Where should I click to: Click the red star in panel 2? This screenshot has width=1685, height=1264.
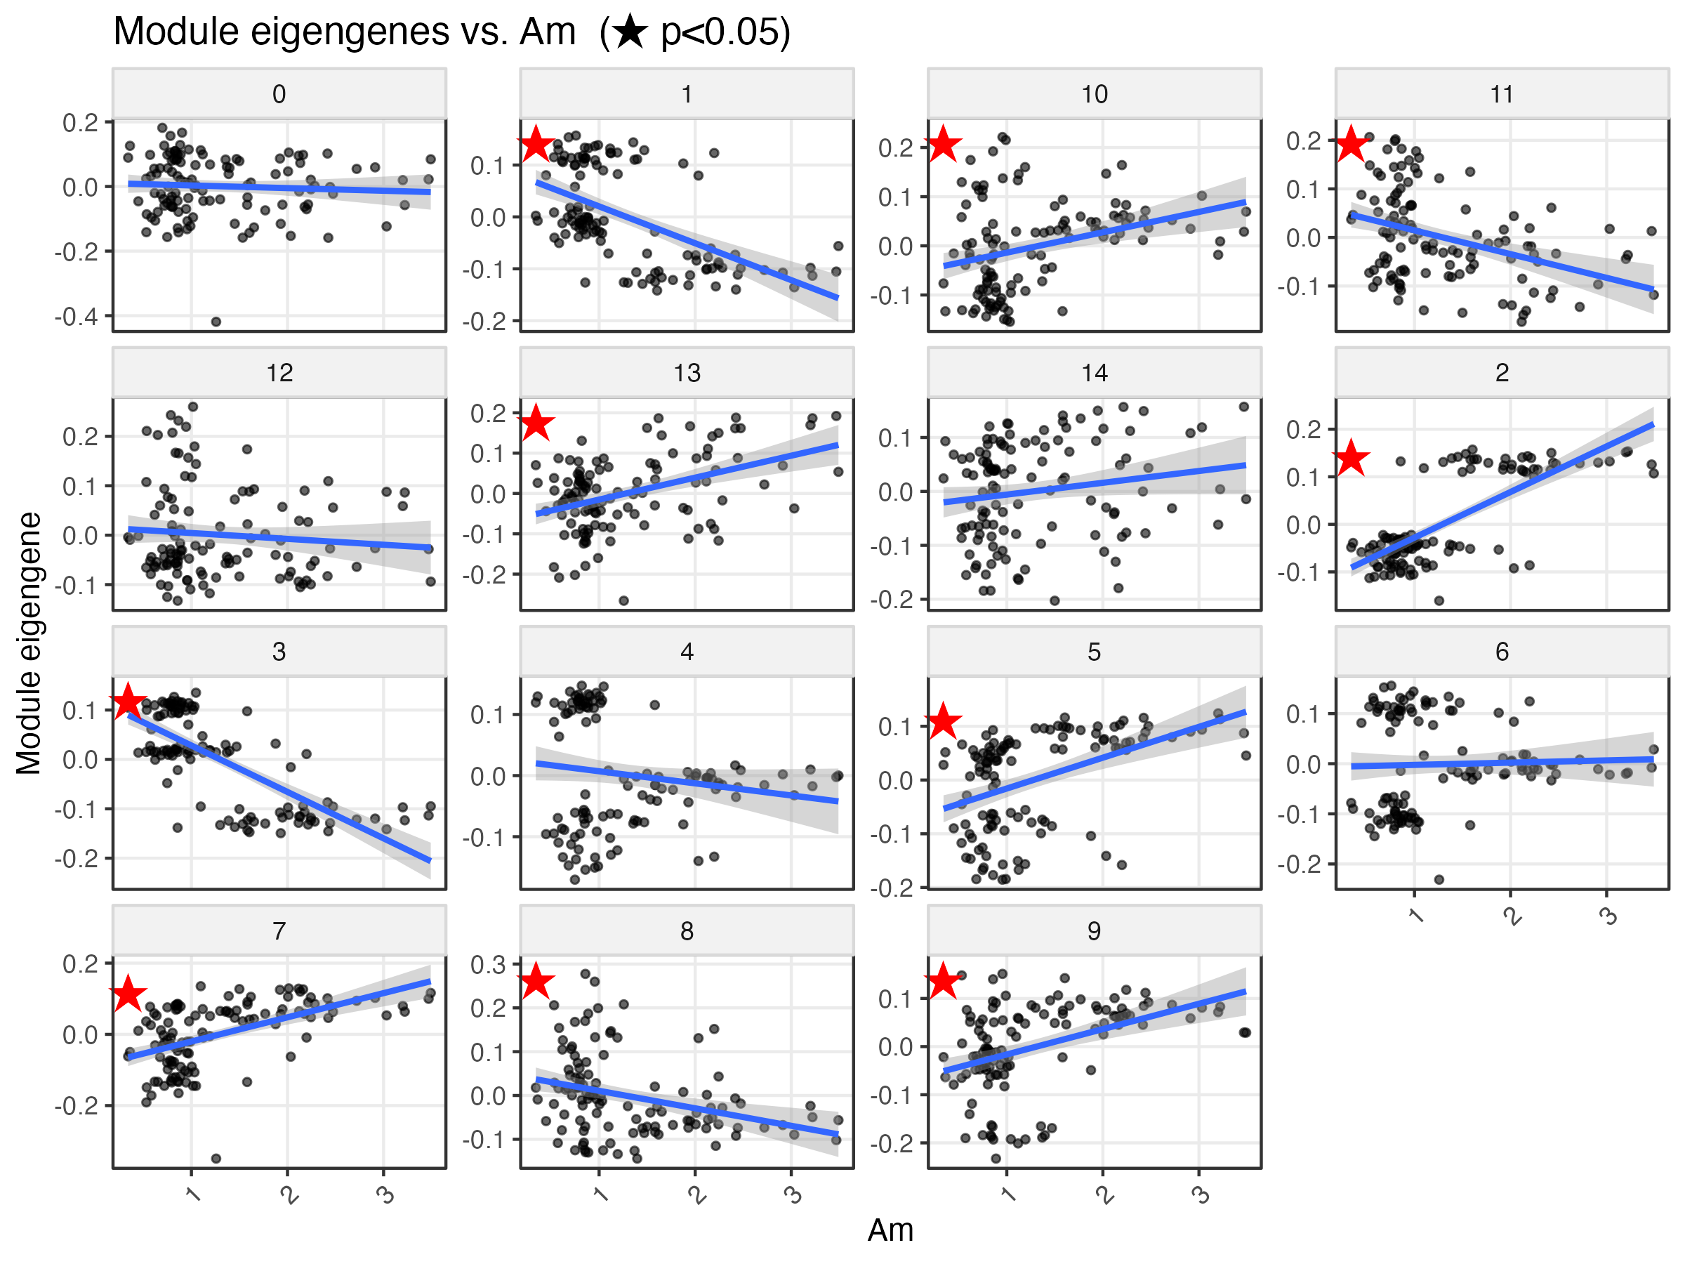click(1352, 457)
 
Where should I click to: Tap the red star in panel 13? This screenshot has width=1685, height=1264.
click(536, 423)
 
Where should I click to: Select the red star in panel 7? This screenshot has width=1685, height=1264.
click(128, 993)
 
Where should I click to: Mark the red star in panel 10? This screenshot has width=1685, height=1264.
click(943, 143)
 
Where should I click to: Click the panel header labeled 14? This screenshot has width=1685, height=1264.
click(1094, 373)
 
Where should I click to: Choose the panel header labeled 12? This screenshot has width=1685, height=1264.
click(279, 373)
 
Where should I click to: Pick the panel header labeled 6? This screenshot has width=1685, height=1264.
click(1502, 652)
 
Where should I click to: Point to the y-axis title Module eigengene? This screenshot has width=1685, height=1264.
click(29, 643)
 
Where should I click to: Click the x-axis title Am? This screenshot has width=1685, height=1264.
click(890, 1230)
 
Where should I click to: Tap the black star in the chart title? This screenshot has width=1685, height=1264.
click(630, 33)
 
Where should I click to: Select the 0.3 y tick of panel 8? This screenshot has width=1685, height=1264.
click(487, 965)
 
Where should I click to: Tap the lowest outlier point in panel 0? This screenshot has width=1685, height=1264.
click(216, 322)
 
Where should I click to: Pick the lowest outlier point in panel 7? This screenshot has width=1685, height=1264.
click(216, 1158)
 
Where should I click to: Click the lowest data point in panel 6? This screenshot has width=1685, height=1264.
click(1439, 879)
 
